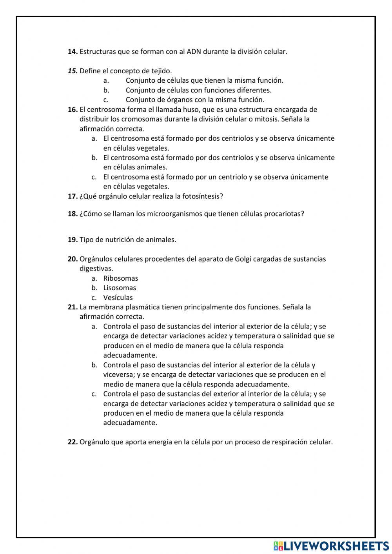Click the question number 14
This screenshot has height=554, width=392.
tap(73, 52)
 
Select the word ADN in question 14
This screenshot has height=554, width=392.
tap(194, 52)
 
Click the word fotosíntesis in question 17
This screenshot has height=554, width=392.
tap(202, 196)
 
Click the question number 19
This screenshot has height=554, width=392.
tap(73, 240)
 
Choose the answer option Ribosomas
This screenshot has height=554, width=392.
tap(121, 278)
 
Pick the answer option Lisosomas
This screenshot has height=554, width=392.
tap(120, 288)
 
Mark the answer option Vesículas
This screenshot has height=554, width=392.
tap(118, 298)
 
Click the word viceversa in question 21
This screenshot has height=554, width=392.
tap(119, 375)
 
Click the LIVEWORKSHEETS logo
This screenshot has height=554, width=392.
tap(331, 545)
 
